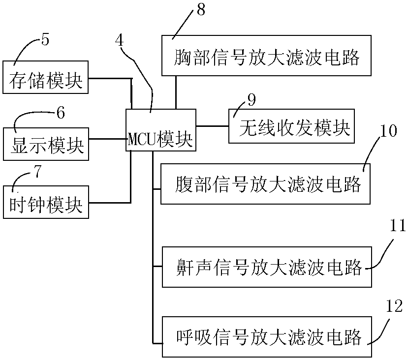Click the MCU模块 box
tap(161, 130)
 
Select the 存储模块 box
tap(46, 77)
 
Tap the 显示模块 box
tap(46, 144)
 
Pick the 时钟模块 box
tap(46, 202)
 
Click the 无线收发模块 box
tap(291, 126)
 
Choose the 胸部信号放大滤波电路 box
tap(266, 56)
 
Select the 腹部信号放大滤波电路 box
tap(265, 184)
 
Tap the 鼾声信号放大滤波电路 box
tap(267, 267)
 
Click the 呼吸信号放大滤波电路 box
tap(267, 336)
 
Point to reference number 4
tap(120, 40)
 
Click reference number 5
tap(45, 40)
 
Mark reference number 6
tap(61, 113)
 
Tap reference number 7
tap(38, 171)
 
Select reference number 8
tap(201, 10)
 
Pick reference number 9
tap(251, 100)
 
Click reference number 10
tap(388, 130)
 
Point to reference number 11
tap(397, 225)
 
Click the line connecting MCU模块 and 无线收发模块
tap(212, 126)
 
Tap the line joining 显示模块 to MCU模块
tap(107, 139)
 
